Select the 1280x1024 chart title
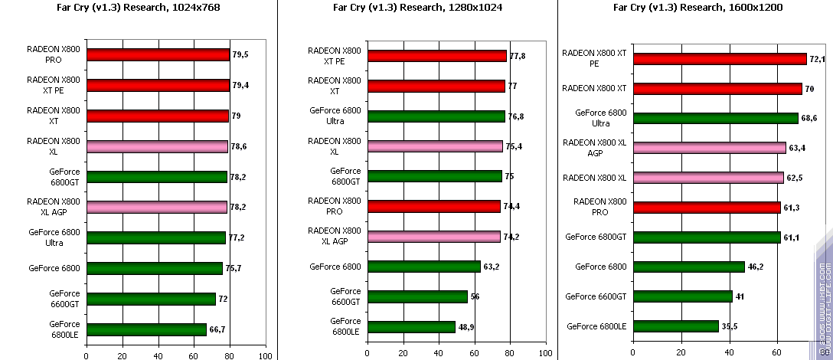tap(418, 8)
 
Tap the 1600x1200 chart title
tap(696, 8)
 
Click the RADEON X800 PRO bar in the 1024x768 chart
tap(158, 54)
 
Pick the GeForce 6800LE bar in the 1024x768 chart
tap(146, 329)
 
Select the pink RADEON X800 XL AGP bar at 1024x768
tap(157, 207)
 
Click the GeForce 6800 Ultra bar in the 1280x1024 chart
tap(436, 116)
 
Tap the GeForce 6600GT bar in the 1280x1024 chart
tap(417, 296)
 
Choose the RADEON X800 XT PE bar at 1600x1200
tap(720, 59)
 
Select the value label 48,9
tap(465, 327)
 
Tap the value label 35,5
tap(729, 326)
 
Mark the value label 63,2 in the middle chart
tap(492, 267)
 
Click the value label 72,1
tap(818, 59)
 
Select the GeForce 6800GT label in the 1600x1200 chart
tap(596, 237)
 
